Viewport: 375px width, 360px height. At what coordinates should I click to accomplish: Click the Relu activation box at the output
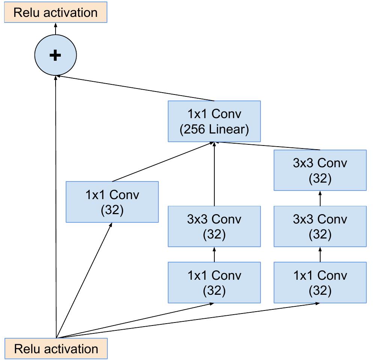56,12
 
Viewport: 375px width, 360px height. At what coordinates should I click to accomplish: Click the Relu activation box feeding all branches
56,349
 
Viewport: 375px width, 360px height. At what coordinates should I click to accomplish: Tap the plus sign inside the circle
55,55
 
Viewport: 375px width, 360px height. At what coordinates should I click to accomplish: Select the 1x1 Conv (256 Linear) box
214,121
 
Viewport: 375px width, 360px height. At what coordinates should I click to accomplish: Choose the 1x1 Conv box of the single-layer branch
112,202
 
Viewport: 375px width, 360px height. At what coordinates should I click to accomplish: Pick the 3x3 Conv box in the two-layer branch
214,226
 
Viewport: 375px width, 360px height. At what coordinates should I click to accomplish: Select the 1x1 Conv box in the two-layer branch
214,282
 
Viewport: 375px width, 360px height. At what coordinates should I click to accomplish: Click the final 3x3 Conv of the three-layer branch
320,170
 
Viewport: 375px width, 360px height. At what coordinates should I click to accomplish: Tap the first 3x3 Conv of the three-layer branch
320,226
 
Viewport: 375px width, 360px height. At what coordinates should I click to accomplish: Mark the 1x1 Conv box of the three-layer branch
320,282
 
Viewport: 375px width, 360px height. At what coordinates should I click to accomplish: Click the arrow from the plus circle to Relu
56,29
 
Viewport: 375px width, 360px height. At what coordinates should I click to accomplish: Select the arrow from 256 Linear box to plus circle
135,88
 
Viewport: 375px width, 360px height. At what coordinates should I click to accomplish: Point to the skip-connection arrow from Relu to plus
56,206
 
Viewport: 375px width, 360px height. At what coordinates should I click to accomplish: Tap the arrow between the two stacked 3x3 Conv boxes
320,198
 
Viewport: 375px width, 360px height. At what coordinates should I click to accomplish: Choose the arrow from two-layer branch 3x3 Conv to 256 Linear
214,174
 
